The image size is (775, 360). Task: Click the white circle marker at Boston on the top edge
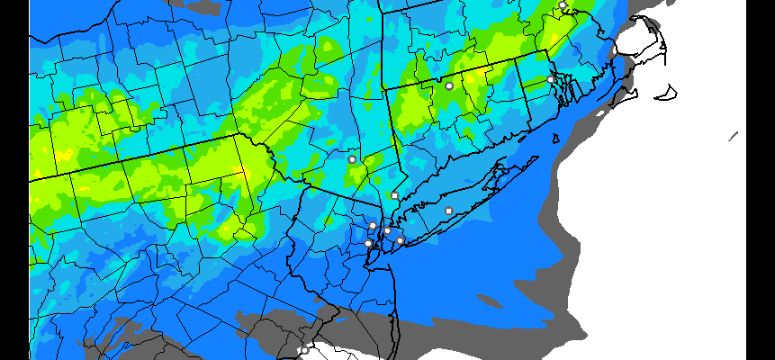563,5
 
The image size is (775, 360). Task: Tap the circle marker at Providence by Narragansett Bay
551,79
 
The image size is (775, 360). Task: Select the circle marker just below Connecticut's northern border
449,85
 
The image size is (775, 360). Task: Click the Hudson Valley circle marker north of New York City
352,159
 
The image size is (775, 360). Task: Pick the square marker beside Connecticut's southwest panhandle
394,195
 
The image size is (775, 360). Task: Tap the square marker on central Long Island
448,211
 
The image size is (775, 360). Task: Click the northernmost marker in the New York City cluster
373,225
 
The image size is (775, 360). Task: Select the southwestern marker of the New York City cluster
367,243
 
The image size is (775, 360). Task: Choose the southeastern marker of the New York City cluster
400,240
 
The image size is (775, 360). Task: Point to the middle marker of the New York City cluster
387,231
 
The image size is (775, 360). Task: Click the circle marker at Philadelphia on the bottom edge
304,350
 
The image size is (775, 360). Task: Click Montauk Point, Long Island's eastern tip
537,158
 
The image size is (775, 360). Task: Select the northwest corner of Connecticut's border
385,89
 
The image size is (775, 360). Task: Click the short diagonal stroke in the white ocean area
734,136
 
